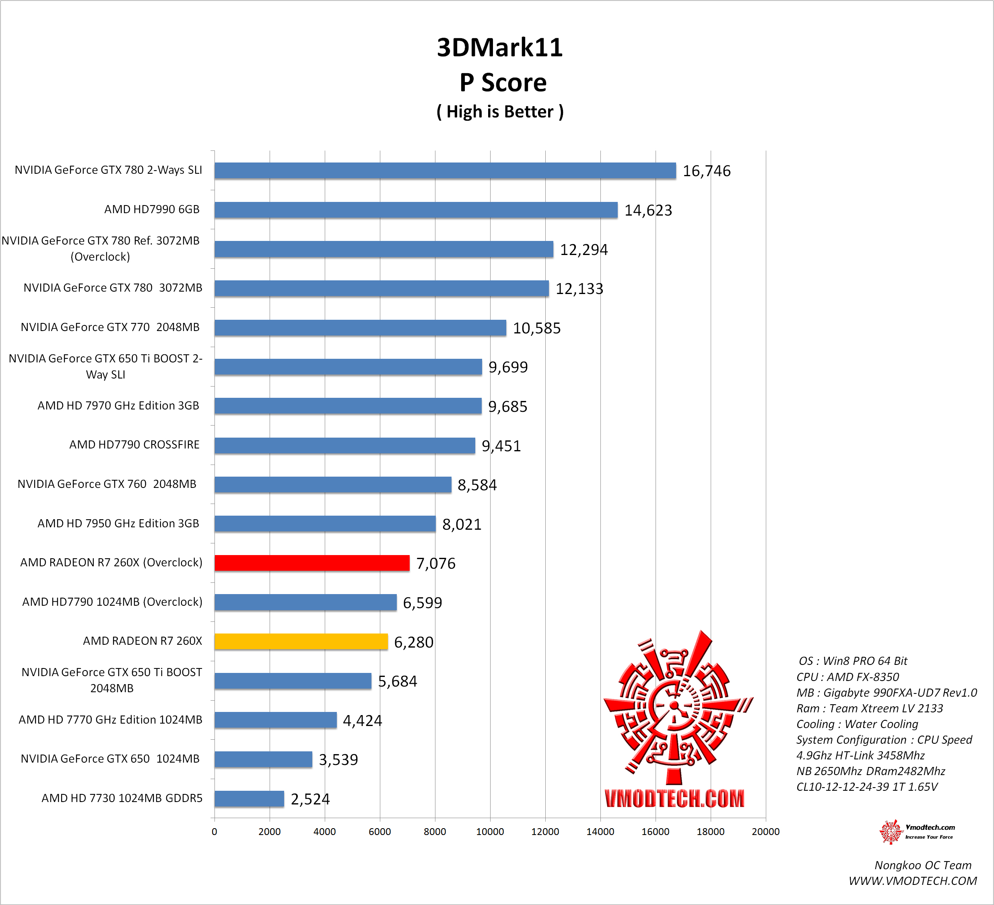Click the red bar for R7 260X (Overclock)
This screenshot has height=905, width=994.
pyautogui.click(x=311, y=563)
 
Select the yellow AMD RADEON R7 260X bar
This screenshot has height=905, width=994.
pyautogui.click(x=301, y=641)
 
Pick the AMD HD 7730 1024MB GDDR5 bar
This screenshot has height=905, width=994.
pyautogui.click(x=249, y=798)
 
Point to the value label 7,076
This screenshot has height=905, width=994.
pyautogui.click(x=436, y=564)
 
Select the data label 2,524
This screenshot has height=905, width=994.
pyautogui.click(x=310, y=799)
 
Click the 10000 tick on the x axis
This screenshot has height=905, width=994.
pyautogui.click(x=490, y=831)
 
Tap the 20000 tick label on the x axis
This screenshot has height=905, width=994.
pyautogui.click(x=765, y=831)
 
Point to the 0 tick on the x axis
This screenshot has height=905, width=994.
pyautogui.click(x=214, y=831)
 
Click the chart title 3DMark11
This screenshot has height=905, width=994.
pyautogui.click(x=499, y=48)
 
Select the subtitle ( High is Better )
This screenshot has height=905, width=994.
pyautogui.click(x=499, y=112)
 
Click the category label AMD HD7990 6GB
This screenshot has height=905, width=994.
pyautogui.click(x=152, y=210)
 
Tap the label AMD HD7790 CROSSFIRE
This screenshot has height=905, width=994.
pyautogui.click(x=134, y=444)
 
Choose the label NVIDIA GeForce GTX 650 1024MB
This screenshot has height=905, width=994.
pyautogui.click(x=110, y=759)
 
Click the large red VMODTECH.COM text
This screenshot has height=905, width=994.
pyautogui.click(x=674, y=798)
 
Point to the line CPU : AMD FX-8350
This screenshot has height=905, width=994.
pyautogui.click(x=848, y=677)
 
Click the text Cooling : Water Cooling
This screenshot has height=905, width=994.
pyautogui.click(x=857, y=724)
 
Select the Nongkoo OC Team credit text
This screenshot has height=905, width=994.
pyautogui.click(x=922, y=865)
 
